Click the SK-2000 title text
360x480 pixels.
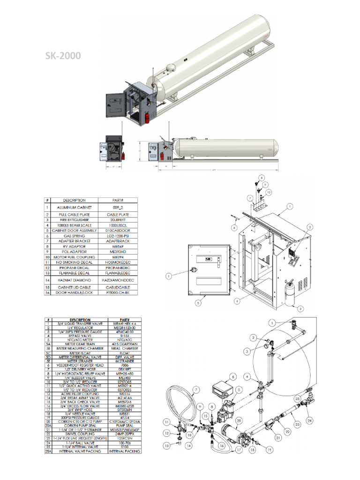(63, 56)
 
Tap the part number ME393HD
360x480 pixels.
(118, 252)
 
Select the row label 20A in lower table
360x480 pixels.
(47, 426)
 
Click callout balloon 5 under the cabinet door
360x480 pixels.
(198, 303)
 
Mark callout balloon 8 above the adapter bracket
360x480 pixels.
(261, 178)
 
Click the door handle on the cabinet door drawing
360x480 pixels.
(193, 270)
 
